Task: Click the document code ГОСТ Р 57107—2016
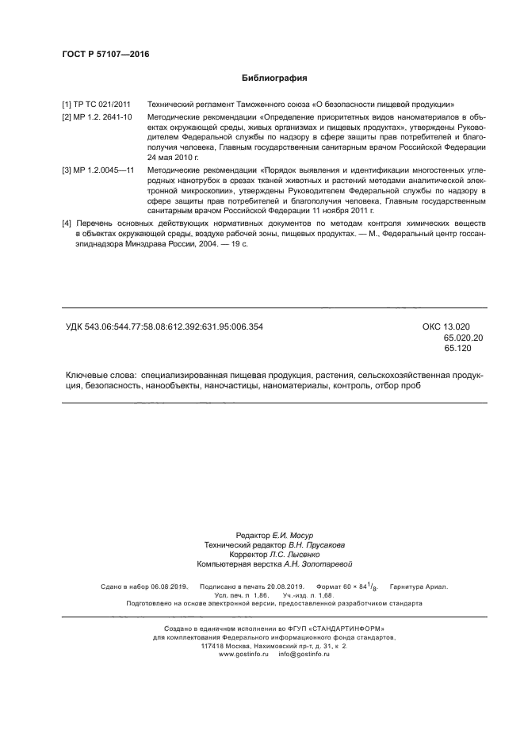click(x=105, y=55)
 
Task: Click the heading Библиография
click(x=273, y=78)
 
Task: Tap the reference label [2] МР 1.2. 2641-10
click(x=99, y=117)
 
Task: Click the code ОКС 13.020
click(x=446, y=327)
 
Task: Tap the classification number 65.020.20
click(x=464, y=338)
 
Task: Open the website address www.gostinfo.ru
click(x=244, y=655)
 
